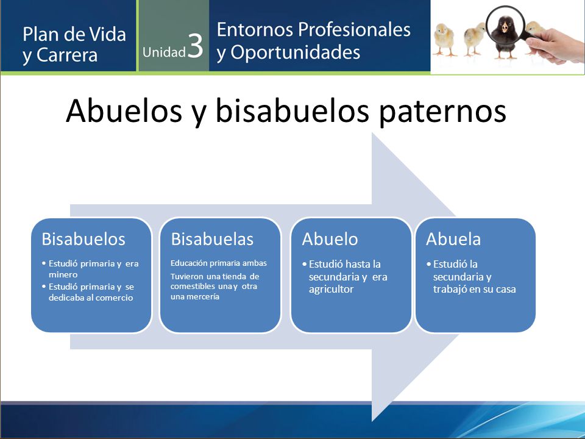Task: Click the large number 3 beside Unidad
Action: click(x=195, y=46)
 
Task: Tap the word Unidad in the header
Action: click(x=164, y=52)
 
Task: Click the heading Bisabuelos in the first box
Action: click(x=83, y=239)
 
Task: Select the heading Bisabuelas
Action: click(x=212, y=239)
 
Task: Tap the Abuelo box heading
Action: click(x=330, y=239)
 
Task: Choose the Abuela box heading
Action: click(x=453, y=239)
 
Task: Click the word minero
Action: click(x=63, y=275)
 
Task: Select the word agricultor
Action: click(x=331, y=289)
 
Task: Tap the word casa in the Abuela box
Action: click(x=506, y=289)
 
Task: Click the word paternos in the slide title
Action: click(x=442, y=111)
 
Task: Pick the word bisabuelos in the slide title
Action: click(x=293, y=110)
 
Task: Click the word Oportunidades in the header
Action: click(x=295, y=52)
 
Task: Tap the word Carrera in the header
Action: click(x=67, y=55)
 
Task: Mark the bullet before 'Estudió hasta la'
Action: click(x=305, y=264)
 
